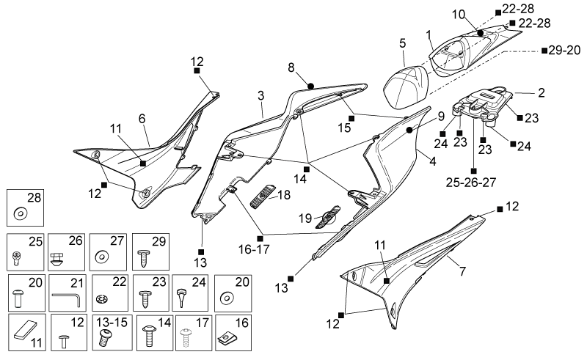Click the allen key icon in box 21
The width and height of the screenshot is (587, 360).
(x=67, y=298)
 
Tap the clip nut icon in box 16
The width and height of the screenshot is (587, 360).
(x=225, y=338)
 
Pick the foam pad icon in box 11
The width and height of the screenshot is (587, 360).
(x=26, y=330)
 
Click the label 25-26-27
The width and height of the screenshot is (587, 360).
(x=470, y=183)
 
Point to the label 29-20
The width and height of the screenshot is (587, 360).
(x=564, y=50)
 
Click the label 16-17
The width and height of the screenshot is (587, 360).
(x=254, y=249)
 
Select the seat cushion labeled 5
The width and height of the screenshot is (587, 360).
(x=406, y=87)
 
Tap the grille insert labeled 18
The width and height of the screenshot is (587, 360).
(x=263, y=196)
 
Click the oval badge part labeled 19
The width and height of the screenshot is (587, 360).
(x=328, y=217)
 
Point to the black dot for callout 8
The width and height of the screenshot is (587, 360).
(x=310, y=87)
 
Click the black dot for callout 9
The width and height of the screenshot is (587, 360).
(x=409, y=130)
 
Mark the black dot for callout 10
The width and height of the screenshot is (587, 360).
(x=481, y=33)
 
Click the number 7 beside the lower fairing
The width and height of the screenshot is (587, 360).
(x=463, y=271)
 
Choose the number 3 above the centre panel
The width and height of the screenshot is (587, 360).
(x=261, y=95)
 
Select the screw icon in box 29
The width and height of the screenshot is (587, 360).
(x=144, y=258)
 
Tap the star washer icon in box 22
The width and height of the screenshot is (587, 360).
(x=101, y=299)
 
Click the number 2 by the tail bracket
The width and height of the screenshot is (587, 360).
(x=542, y=92)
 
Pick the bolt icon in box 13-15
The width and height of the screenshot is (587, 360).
(x=105, y=337)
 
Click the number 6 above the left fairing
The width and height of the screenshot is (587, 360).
(x=142, y=119)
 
